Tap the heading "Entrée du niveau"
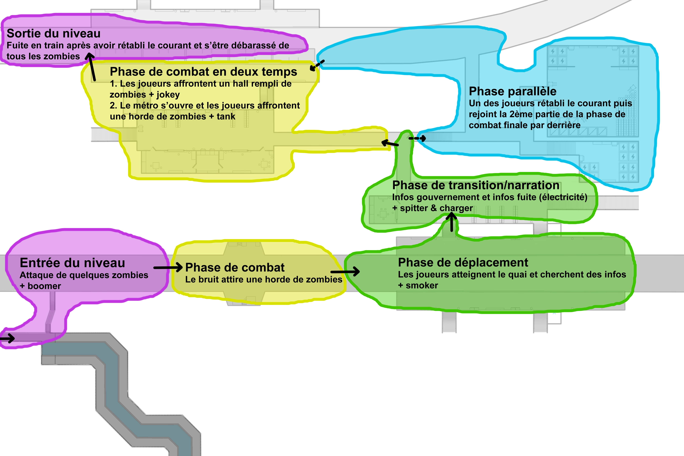point(72,263)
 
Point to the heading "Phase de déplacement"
point(463,263)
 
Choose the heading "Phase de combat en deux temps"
point(203,72)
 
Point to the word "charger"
point(456,208)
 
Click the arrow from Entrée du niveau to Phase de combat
point(168,267)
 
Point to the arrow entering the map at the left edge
point(7,338)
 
